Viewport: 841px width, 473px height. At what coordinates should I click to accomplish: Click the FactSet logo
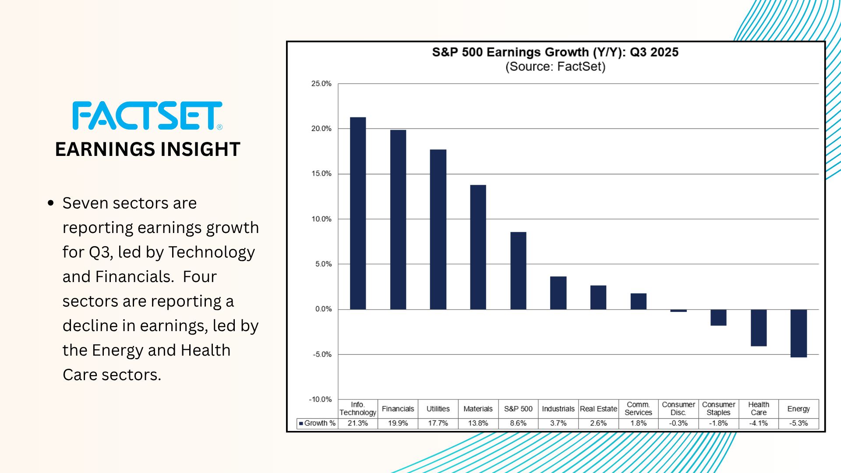pos(148,116)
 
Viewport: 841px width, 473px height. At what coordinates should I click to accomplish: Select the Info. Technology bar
pos(358,213)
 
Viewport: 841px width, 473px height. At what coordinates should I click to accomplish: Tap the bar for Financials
pos(398,219)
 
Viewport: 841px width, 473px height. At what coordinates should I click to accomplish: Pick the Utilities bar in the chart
pos(438,229)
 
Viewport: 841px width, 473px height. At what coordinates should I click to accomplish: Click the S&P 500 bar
pos(518,271)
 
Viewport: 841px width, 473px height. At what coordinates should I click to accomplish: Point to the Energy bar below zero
pos(799,333)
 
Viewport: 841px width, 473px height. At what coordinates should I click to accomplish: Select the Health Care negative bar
pos(759,328)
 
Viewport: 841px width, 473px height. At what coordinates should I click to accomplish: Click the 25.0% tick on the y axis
pos(321,84)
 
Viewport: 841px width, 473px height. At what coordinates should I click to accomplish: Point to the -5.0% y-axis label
pos(322,354)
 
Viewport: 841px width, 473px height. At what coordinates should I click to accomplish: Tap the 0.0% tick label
pos(323,309)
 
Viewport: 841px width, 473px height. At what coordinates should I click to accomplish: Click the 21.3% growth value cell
pos(358,424)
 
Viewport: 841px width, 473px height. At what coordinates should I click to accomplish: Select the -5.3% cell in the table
pos(799,424)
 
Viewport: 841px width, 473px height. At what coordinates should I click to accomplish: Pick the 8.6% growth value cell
pos(518,424)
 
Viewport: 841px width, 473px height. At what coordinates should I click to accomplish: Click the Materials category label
pos(478,409)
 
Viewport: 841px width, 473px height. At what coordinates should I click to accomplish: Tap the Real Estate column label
pos(598,409)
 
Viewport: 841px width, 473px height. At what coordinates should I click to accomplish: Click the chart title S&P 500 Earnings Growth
pos(555,52)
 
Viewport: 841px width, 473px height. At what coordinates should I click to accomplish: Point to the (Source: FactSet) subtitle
pos(555,67)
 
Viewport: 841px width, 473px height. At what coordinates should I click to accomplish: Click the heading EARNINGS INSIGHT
pos(148,149)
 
